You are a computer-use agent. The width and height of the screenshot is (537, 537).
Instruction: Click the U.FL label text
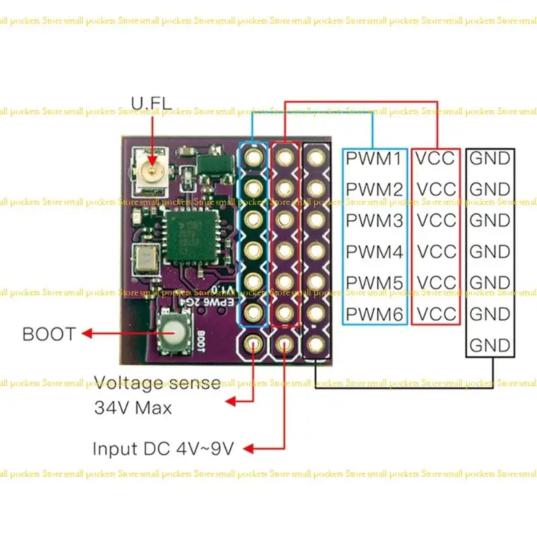pyautogui.click(x=151, y=103)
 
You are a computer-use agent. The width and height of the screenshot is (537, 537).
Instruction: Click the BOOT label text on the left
pyautogui.click(x=49, y=334)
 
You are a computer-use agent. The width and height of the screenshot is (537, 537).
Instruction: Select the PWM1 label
pyautogui.click(x=375, y=159)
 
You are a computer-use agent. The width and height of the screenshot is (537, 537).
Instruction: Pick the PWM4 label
pyautogui.click(x=375, y=252)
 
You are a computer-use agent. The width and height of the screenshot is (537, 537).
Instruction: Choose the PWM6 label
pyautogui.click(x=375, y=313)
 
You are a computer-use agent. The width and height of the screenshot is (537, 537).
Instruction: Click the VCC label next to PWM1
pyautogui.click(x=436, y=159)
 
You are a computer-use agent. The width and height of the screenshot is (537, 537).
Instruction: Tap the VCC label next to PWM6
pyautogui.click(x=436, y=313)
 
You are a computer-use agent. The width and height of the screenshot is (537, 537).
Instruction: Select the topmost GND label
pyautogui.click(x=490, y=159)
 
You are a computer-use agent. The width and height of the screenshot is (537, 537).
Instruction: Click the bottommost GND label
pyautogui.click(x=490, y=345)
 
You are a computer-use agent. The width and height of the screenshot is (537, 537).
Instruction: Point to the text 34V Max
pyautogui.click(x=132, y=407)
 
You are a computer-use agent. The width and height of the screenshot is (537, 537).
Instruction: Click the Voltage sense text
pyautogui.click(x=157, y=383)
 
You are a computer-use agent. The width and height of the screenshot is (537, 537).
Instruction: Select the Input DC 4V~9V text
pyautogui.click(x=163, y=448)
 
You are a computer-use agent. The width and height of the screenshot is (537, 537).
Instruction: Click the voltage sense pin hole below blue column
pyautogui.click(x=254, y=345)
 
